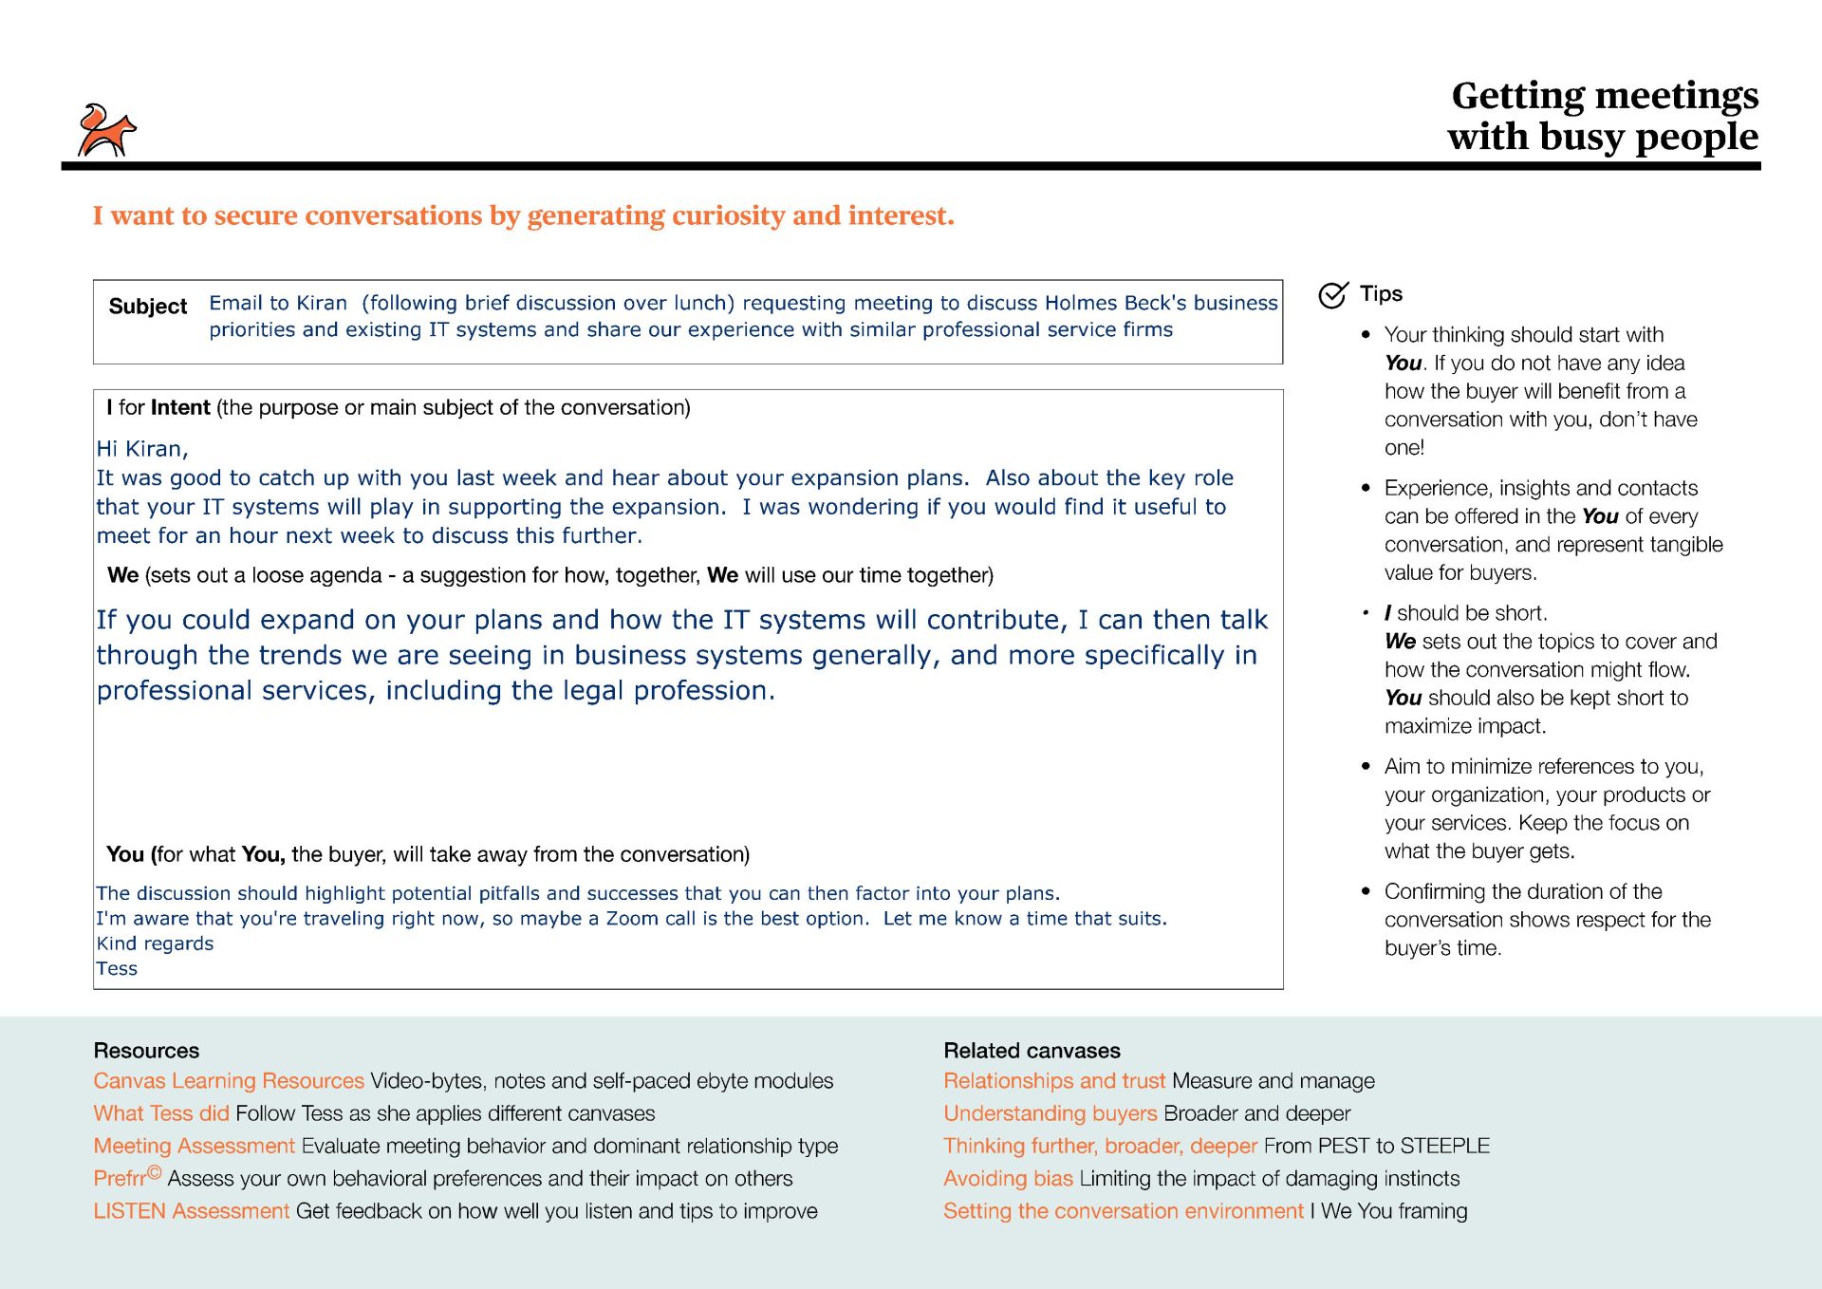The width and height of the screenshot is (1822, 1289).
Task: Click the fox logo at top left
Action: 106,131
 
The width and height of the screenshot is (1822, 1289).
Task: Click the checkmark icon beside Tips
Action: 1332,295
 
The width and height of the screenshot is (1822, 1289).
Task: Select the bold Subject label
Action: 148,307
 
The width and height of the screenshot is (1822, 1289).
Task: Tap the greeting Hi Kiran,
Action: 142,449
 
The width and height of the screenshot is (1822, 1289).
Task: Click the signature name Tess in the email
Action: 117,969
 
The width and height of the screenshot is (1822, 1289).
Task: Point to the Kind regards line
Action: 155,943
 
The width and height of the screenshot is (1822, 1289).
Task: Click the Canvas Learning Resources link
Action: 229,1081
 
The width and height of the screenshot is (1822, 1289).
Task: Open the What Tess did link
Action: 161,1113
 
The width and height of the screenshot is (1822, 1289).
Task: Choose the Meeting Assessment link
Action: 195,1147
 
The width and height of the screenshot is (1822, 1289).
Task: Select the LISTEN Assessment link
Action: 191,1212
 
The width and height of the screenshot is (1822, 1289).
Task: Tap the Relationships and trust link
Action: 1054,1081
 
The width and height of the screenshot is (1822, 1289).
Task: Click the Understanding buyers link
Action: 1050,1113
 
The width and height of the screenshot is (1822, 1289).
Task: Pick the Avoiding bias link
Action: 1008,1179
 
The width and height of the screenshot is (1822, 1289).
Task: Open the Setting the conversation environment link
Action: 1124,1212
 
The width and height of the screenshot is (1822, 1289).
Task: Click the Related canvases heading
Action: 1032,1051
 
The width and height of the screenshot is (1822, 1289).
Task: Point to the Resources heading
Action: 146,1051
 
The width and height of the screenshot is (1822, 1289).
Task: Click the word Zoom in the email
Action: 632,919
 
